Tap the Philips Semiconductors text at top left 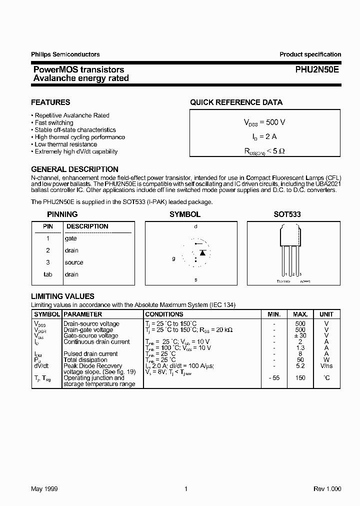[65, 54]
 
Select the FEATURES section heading [50, 102]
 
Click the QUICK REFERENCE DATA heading [236, 102]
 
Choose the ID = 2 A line [264, 136]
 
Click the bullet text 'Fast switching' [54, 122]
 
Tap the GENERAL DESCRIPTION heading [74, 169]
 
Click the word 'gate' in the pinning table [70, 238]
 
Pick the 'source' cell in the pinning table [74, 262]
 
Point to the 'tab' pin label [47, 274]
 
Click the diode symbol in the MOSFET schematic [202, 252]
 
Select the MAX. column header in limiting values [300, 314]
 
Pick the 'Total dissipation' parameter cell [85, 360]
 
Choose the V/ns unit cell [326, 366]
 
